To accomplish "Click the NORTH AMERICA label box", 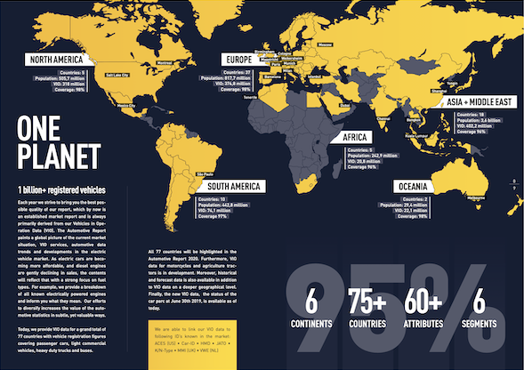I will tap(60, 60).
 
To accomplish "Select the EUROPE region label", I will tap(244, 60).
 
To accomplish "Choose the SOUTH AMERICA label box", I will tap(229, 186).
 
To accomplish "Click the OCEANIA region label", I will tap(415, 187).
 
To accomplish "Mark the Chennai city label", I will tap(385, 116).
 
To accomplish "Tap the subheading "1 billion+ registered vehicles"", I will tap(60, 191).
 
